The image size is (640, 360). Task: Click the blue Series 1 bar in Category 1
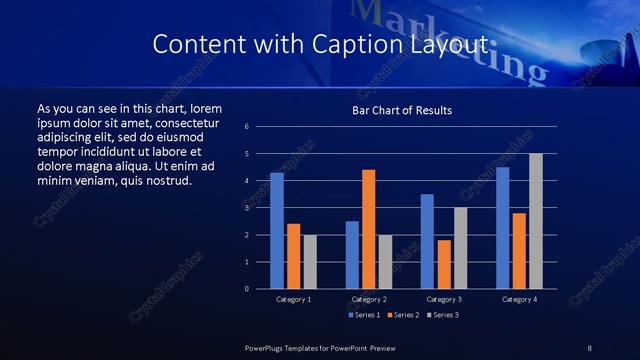[277, 231]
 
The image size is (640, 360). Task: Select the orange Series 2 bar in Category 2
[368, 229]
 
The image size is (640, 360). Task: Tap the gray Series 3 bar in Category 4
[535, 221]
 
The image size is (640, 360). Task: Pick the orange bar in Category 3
[443, 264]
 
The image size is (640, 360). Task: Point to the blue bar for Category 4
[502, 228]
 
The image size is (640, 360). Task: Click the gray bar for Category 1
[309, 262]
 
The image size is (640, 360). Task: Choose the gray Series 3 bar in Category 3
[460, 248]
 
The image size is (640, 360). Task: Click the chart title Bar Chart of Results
[401, 110]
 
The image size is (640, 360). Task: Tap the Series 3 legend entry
[445, 315]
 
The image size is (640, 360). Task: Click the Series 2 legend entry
[405, 315]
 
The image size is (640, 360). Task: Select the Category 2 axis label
[369, 300]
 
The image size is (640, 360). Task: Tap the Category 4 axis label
[518, 300]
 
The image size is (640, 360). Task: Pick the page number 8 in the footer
[589, 347]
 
